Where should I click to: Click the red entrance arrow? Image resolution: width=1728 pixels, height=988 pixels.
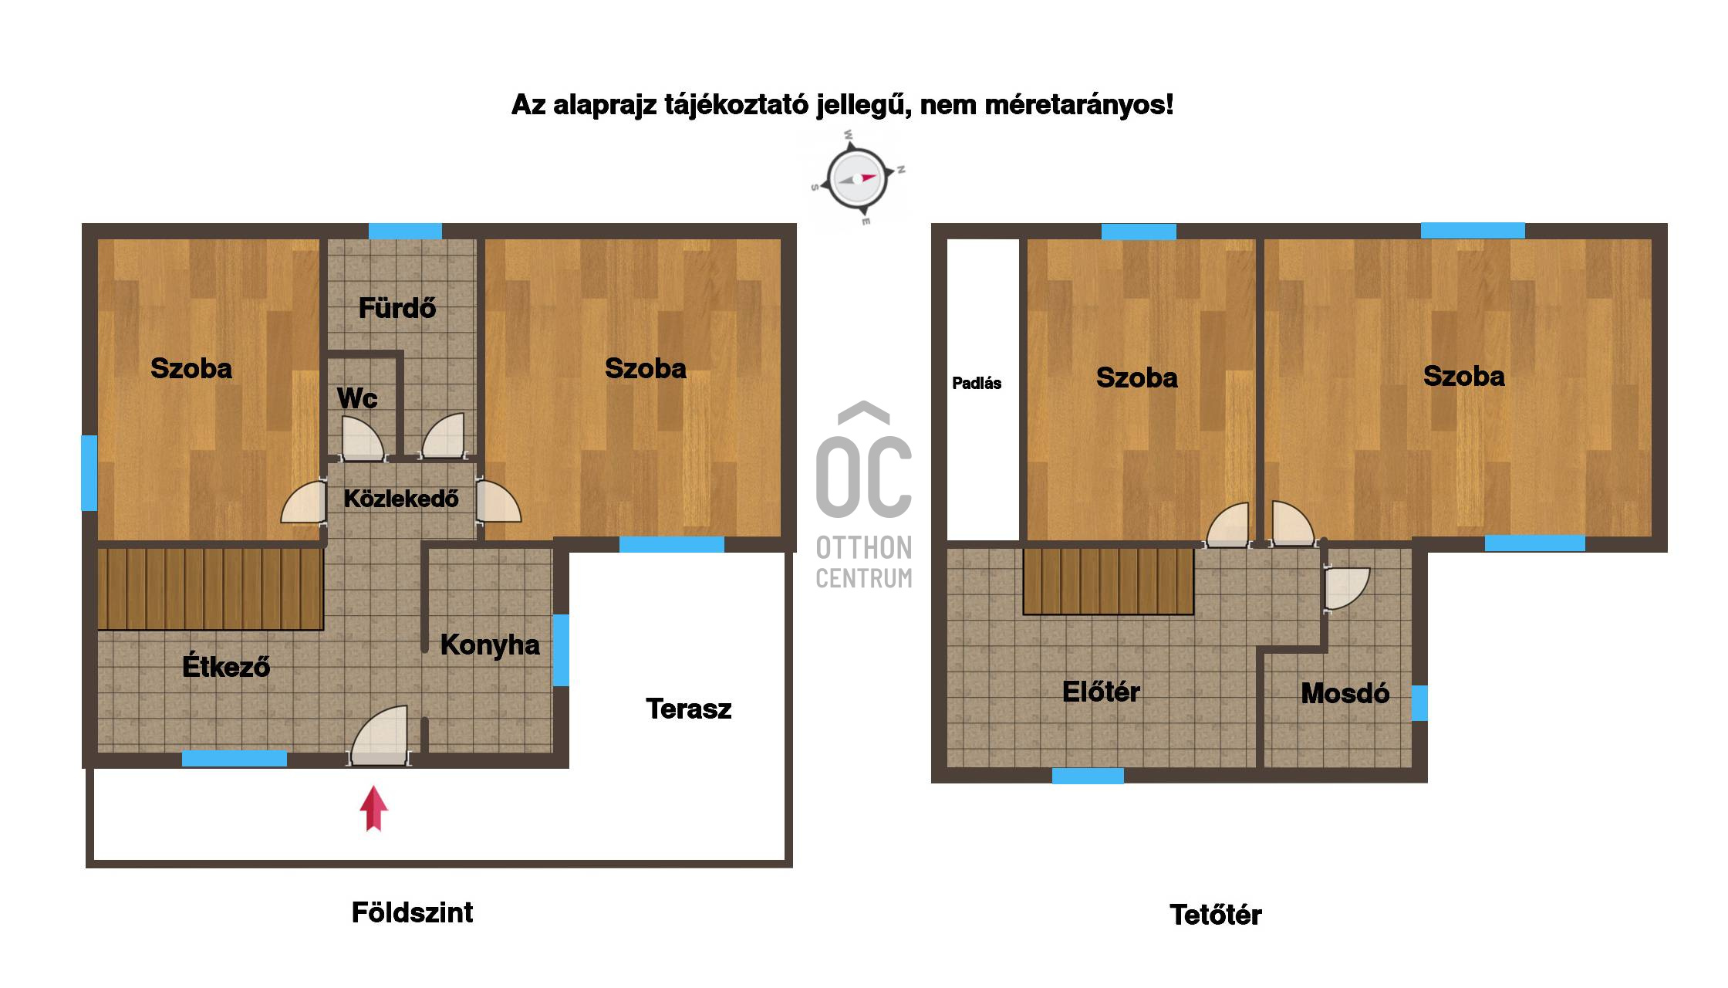(x=373, y=809)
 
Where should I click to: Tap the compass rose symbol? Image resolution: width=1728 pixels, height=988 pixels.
(x=856, y=178)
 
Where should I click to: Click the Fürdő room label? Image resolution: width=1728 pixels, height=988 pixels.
(x=397, y=309)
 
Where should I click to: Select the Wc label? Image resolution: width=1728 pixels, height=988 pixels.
(x=357, y=398)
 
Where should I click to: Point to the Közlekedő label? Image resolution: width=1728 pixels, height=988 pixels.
(x=401, y=499)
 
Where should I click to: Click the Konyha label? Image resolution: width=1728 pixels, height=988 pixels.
(x=490, y=645)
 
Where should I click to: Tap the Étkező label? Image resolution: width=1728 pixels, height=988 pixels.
(x=226, y=665)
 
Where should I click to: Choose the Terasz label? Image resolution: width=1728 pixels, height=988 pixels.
(x=689, y=709)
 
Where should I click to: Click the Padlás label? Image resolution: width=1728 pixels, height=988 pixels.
(x=977, y=384)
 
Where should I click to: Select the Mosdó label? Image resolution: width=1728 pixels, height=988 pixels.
(x=1345, y=693)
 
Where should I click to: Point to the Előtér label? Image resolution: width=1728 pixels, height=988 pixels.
(x=1101, y=691)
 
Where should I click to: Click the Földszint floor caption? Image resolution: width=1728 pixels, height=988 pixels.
(x=413, y=912)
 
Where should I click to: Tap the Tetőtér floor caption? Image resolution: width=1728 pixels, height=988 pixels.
(x=1216, y=915)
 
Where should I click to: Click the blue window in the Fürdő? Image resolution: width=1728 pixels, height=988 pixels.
(x=405, y=231)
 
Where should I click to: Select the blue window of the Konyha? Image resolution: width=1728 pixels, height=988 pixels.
(x=562, y=650)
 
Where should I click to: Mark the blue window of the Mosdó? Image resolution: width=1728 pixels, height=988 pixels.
(x=1419, y=703)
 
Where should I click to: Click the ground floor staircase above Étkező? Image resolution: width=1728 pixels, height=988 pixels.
(x=211, y=589)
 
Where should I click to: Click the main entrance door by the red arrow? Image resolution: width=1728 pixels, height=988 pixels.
(x=379, y=736)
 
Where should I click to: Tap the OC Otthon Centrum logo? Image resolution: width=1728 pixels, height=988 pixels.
(x=864, y=495)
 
